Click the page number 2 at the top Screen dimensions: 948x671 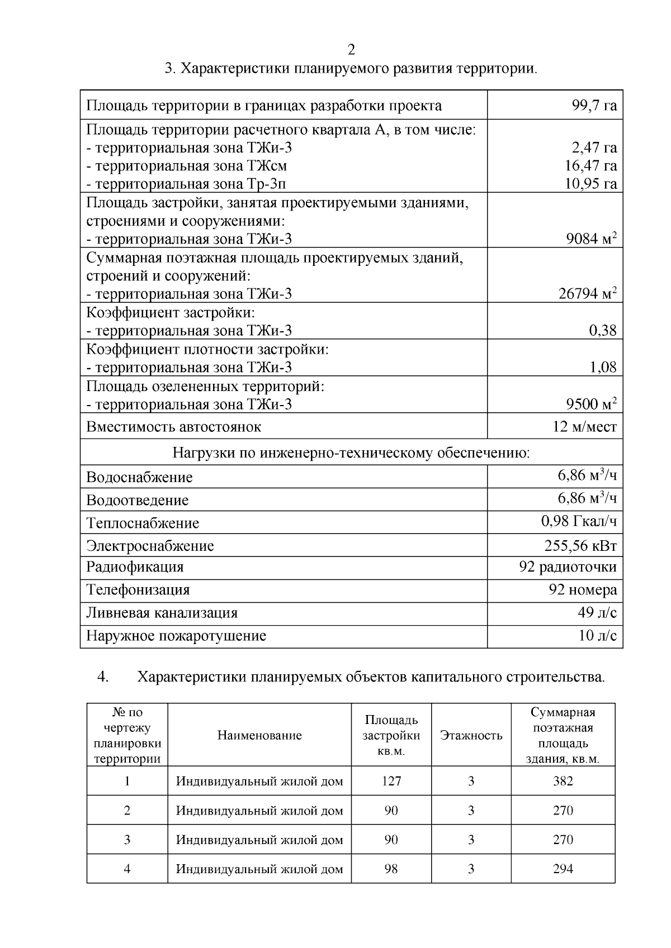coord(351,50)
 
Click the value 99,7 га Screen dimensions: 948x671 coord(594,106)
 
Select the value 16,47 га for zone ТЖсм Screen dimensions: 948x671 coord(591,166)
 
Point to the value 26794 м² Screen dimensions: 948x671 coord(588,294)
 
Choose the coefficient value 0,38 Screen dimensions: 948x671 coord(603,331)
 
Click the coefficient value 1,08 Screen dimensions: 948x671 coord(603,367)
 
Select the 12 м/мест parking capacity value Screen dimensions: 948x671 coord(585,427)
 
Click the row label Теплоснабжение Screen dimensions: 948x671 coord(143,523)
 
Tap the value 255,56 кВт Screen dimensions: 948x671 coord(580,546)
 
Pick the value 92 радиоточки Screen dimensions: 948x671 coord(568,568)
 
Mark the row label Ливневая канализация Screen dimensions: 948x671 coord(162,613)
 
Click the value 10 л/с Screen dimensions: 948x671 coord(598,636)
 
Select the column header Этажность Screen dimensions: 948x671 coord(471,736)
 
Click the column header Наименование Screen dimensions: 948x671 coord(259,736)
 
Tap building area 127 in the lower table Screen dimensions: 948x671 coord(391,782)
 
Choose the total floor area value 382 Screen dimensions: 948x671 coord(563,782)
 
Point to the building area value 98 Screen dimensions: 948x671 coord(391,869)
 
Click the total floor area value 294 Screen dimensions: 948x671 coord(563,869)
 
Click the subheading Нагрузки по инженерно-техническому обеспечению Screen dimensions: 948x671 coord(351,452)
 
